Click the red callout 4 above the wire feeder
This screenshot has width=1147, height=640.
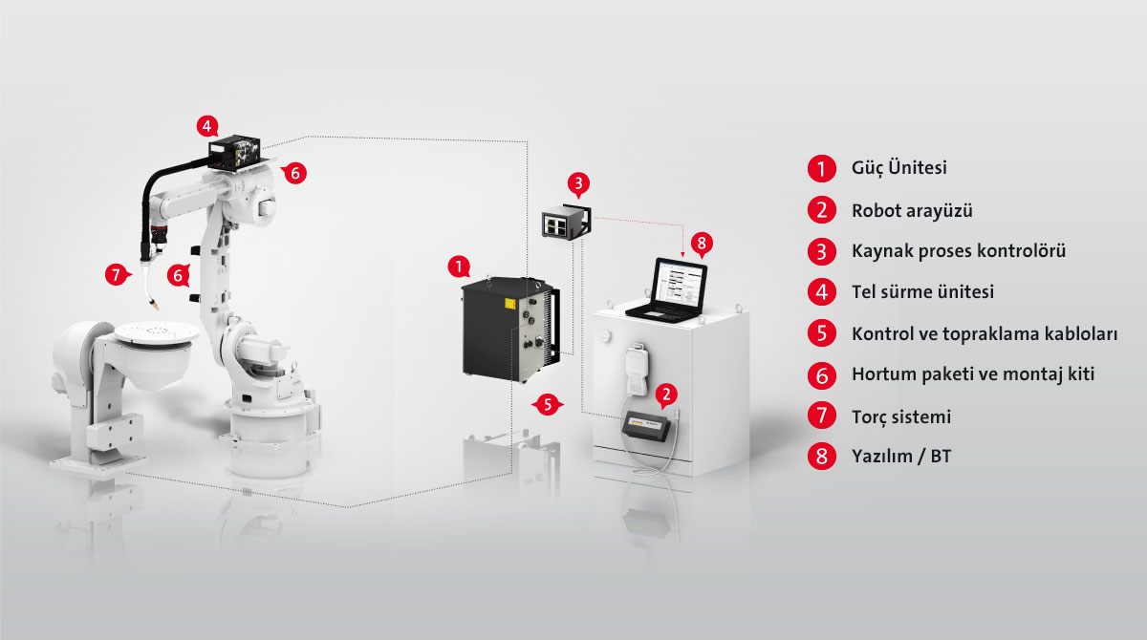(x=206, y=126)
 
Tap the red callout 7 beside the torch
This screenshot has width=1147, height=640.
(x=117, y=275)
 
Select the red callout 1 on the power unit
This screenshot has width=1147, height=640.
(x=458, y=267)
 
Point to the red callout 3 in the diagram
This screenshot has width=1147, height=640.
(x=578, y=183)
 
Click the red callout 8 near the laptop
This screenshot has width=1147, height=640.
(x=702, y=243)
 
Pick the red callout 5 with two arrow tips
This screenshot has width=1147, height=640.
(x=548, y=405)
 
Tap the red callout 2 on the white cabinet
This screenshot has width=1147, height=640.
(x=666, y=395)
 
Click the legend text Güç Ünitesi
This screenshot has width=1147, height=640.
(x=899, y=168)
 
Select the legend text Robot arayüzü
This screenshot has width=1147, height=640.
(x=912, y=210)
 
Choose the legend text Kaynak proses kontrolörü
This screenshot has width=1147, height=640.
(x=959, y=250)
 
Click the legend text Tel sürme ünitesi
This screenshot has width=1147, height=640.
(x=922, y=291)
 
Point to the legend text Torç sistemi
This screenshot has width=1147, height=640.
(x=901, y=416)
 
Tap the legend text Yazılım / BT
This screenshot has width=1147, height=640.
(x=901, y=456)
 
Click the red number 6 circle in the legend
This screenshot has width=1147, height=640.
(x=822, y=375)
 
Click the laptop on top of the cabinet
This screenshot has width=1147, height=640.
(x=667, y=290)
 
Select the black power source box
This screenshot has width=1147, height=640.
(x=510, y=330)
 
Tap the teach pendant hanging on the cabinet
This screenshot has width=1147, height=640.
(x=638, y=370)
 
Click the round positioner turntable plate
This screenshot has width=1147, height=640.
(x=157, y=333)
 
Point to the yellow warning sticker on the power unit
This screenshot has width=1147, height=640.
(x=510, y=304)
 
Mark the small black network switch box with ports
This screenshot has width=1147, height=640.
(x=566, y=222)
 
